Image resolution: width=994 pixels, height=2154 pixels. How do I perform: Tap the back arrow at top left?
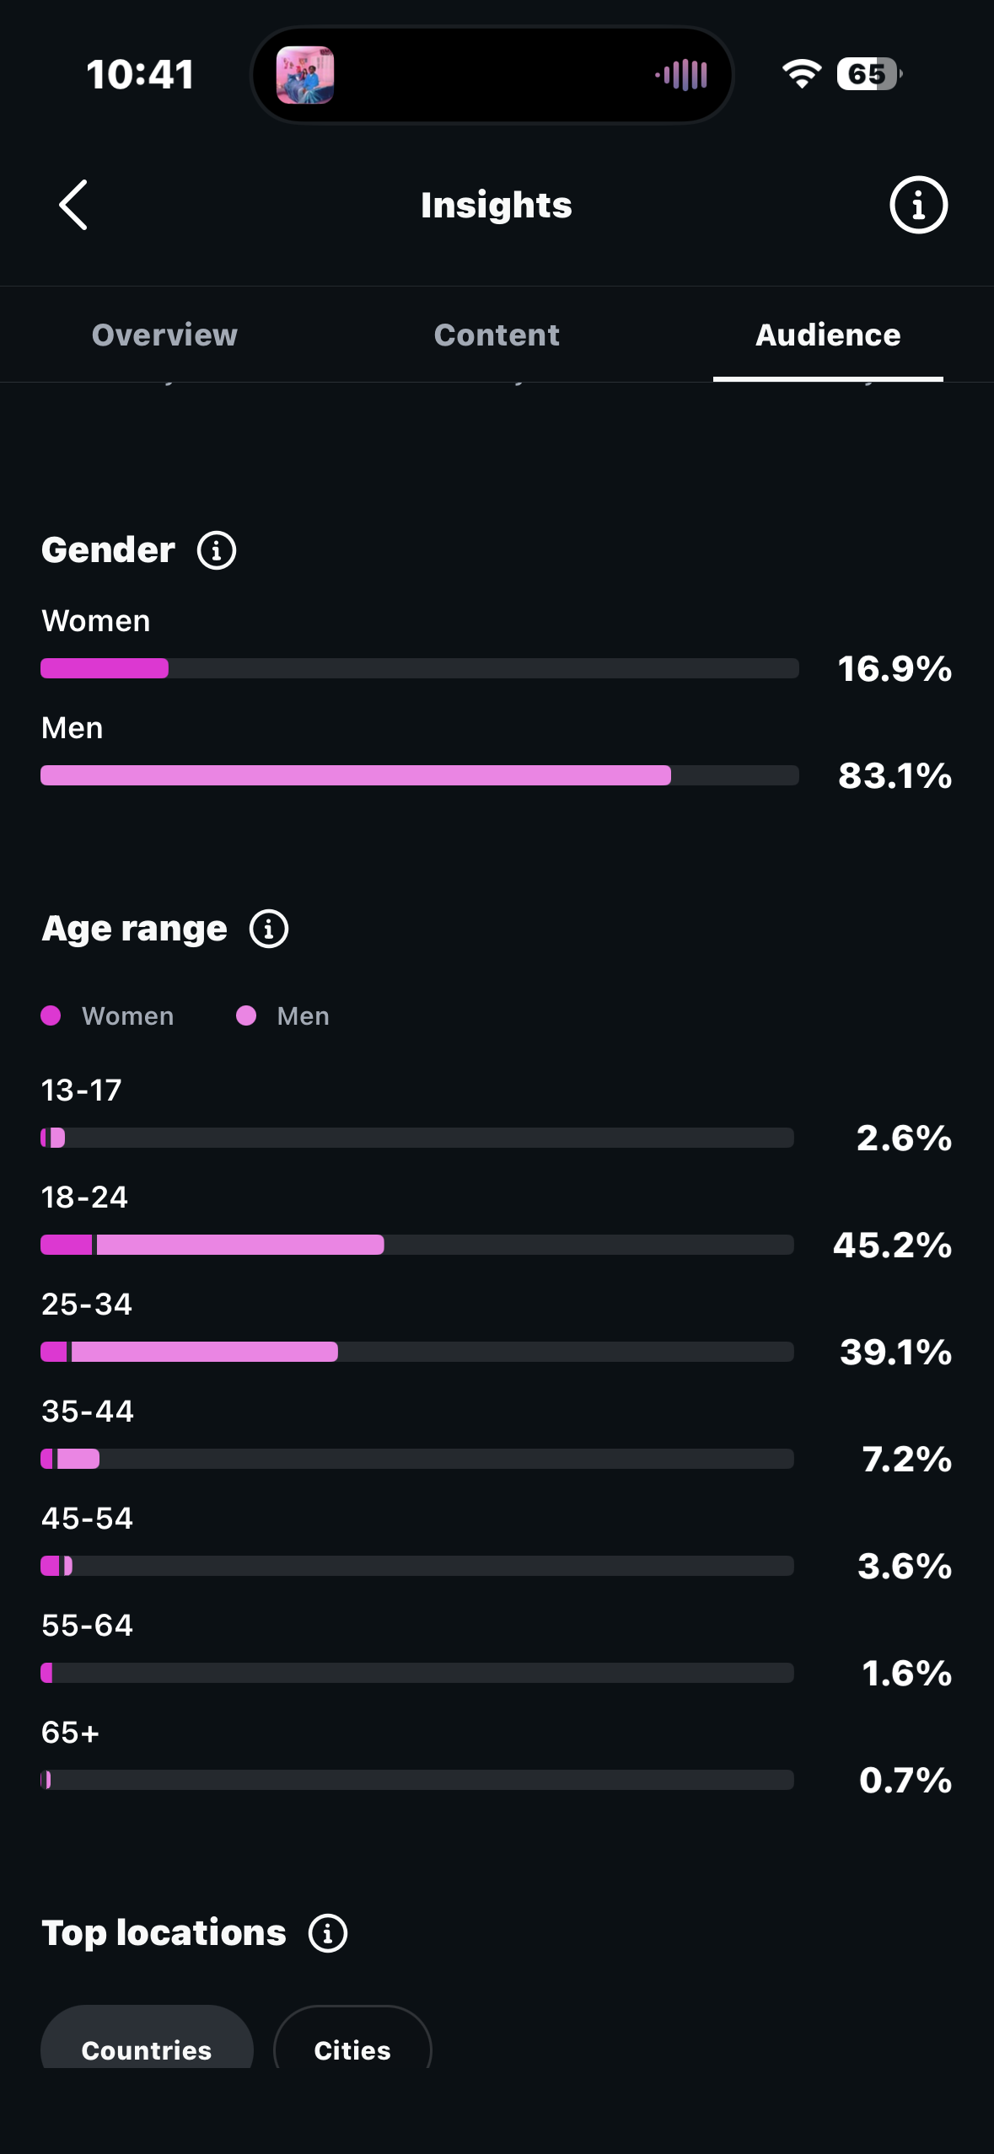click(73, 205)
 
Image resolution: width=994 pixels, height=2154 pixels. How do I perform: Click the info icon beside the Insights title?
click(918, 205)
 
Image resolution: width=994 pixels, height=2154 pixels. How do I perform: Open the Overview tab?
click(164, 335)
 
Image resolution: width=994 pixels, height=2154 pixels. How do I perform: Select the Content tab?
click(497, 335)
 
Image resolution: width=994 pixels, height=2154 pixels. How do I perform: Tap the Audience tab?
click(828, 335)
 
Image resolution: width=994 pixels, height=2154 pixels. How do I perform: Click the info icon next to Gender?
click(217, 550)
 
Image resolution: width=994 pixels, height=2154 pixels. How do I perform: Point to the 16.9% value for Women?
click(895, 668)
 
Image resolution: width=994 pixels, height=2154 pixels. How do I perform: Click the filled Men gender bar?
click(356, 775)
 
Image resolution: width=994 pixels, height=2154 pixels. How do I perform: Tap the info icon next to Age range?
click(269, 929)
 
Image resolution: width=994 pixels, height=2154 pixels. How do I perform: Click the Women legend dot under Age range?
click(51, 1015)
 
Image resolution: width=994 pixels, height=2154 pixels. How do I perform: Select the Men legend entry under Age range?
click(283, 1015)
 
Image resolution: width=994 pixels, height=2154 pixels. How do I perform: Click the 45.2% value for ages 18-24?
click(892, 1245)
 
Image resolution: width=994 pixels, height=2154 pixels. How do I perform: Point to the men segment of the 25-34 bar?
click(205, 1352)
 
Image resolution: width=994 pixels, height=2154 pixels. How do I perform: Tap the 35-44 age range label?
click(88, 1412)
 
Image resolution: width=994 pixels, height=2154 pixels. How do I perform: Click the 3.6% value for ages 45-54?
click(905, 1566)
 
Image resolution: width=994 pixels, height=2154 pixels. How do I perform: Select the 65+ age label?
click(70, 1733)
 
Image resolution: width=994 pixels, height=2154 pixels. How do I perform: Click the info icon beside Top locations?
click(328, 1933)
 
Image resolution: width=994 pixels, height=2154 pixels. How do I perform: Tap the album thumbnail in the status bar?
click(305, 75)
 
